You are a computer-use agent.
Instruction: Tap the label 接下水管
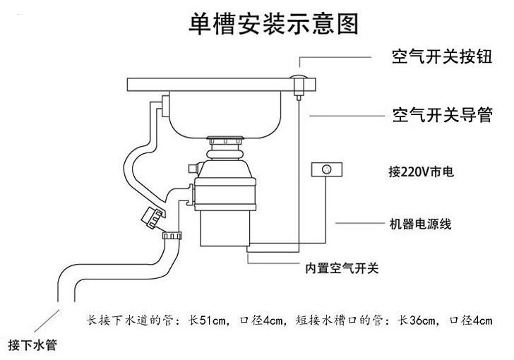[x=32, y=346]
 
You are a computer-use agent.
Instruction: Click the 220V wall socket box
[x=326, y=170]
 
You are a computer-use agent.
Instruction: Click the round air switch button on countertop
[x=299, y=78]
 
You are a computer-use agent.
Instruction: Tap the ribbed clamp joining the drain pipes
[x=172, y=235]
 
